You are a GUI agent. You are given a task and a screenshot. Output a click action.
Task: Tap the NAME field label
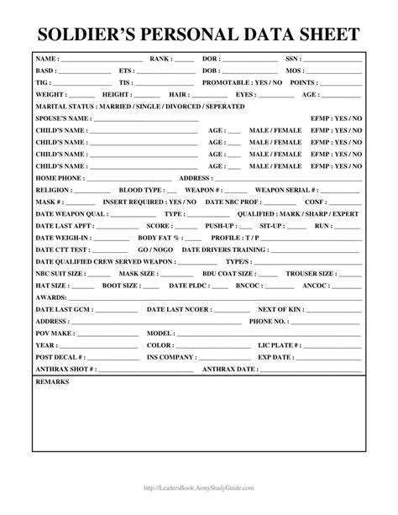[x=46, y=60]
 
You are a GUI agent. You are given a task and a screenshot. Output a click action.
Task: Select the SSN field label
[x=292, y=60]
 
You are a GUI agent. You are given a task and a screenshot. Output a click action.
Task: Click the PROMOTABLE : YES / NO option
[x=251, y=83]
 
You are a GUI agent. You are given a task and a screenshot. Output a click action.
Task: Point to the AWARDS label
[x=49, y=297]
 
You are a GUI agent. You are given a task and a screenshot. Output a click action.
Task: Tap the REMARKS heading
[x=52, y=381]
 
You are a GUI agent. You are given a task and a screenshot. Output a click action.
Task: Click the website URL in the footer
[x=198, y=488]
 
